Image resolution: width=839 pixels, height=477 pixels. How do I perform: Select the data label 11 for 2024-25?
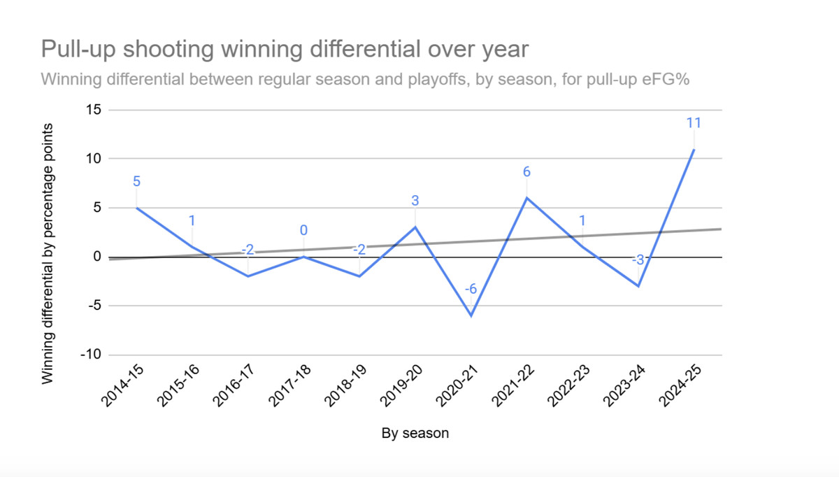pyautogui.click(x=694, y=123)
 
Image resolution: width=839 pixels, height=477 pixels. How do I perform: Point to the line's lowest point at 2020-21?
pyautogui.click(x=471, y=315)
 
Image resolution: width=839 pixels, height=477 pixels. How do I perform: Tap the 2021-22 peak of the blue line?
pyautogui.click(x=526, y=198)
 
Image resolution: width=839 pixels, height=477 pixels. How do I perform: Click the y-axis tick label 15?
pyautogui.click(x=93, y=110)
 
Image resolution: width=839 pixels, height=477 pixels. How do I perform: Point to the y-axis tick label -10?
pyautogui.click(x=89, y=355)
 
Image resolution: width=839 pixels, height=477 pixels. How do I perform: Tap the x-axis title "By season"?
pyautogui.click(x=415, y=434)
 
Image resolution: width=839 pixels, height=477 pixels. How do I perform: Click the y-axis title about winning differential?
pyautogui.click(x=48, y=253)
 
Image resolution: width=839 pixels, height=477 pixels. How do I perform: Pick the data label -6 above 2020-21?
pyautogui.click(x=471, y=288)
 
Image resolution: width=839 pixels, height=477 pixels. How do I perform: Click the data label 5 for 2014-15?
pyautogui.click(x=136, y=182)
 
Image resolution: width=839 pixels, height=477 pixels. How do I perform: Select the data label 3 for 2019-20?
pyautogui.click(x=415, y=201)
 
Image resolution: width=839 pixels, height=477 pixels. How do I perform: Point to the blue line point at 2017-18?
pyautogui.click(x=303, y=257)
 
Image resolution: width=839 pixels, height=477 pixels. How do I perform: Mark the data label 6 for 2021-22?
pyautogui.click(x=526, y=171)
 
